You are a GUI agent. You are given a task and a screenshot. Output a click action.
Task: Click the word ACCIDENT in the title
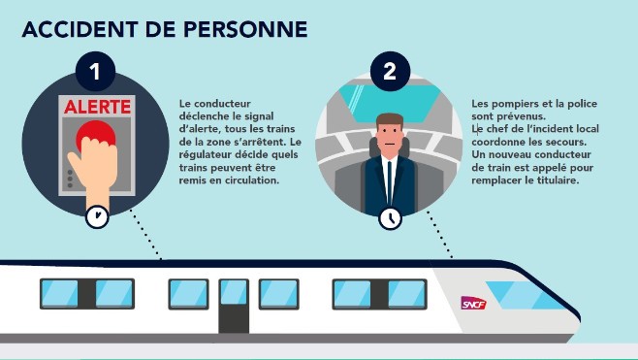(x=80, y=29)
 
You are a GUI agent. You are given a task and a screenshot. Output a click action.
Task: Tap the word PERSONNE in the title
(x=245, y=29)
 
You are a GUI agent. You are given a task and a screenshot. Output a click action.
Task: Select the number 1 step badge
(x=95, y=71)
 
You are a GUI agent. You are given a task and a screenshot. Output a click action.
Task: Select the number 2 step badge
(x=390, y=71)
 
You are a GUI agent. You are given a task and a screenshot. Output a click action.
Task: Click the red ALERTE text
(x=97, y=107)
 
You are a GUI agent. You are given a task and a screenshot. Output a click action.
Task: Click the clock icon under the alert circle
(x=97, y=216)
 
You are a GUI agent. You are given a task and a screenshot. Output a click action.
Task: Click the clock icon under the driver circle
(x=390, y=218)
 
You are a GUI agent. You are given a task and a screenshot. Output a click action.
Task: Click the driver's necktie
(x=390, y=181)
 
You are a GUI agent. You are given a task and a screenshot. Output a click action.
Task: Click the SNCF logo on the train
(x=473, y=303)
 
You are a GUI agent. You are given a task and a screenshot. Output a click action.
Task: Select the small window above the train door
(x=234, y=291)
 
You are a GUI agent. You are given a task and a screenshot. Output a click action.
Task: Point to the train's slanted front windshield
(x=525, y=295)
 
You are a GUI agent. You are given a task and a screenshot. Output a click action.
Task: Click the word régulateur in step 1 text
(x=203, y=154)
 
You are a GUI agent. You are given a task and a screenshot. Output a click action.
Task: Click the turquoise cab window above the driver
(x=390, y=104)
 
